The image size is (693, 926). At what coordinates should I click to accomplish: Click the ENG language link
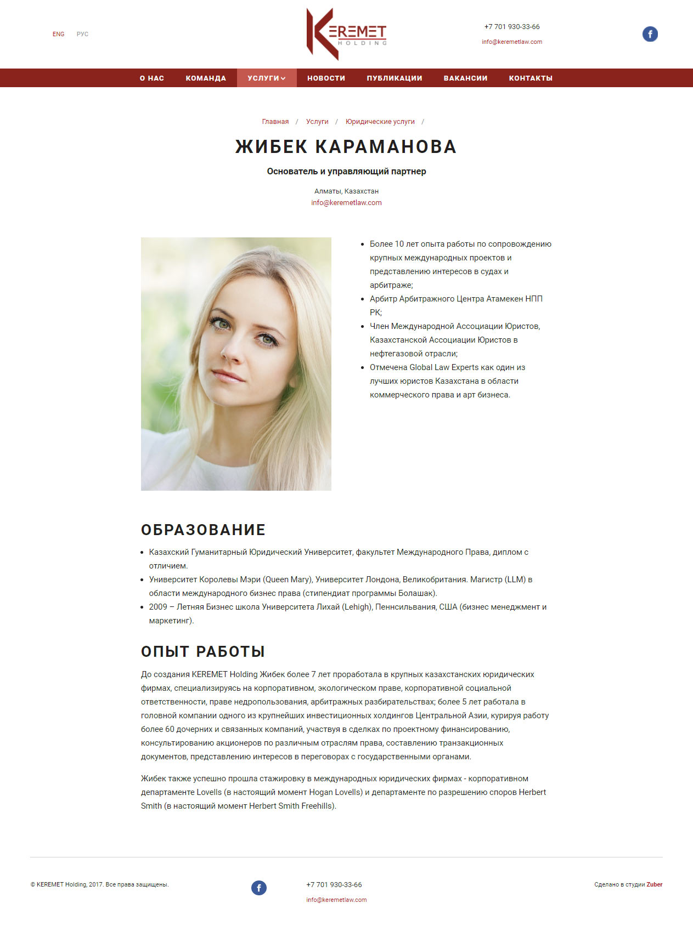(x=59, y=34)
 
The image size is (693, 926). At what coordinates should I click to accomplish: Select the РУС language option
(x=82, y=34)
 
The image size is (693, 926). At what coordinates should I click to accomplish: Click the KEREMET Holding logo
(x=346, y=34)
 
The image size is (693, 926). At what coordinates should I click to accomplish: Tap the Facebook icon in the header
(x=650, y=34)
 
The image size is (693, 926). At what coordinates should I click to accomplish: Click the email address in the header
(x=512, y=42)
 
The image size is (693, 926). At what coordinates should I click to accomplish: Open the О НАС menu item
(x=152, y=78)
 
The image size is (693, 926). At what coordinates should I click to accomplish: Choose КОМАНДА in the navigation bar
(x=206, y=78)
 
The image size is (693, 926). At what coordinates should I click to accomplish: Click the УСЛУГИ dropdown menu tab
(x=267, y=78)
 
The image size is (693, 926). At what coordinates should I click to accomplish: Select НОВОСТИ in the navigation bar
(x=326, y=78)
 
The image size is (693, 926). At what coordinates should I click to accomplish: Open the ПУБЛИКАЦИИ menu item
(x=395, y=78)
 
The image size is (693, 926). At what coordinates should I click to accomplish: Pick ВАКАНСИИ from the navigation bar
(x=465, y=78)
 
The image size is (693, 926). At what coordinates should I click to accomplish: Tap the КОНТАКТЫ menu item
(x=531, y=78)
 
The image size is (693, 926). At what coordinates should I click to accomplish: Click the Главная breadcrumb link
(x=275, y=122)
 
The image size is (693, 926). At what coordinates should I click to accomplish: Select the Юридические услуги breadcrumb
(x=380, y=122)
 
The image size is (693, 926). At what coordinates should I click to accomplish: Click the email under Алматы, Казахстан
(x=346, y=203)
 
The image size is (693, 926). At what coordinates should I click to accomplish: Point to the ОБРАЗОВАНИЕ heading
(x=203, y=530)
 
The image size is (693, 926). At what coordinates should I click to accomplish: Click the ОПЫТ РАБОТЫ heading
(x=203, y=651)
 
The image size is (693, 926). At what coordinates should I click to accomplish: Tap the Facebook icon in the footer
(x=259, y=888)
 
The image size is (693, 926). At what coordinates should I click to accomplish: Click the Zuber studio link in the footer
(x=655, y=884)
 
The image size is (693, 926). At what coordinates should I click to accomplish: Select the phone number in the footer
(x=334, y=885)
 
